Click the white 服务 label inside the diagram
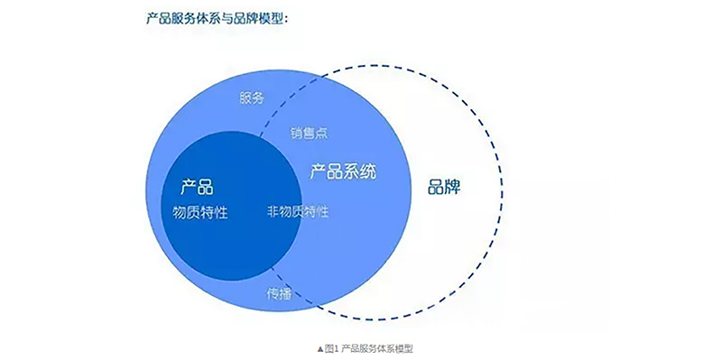coord(252,97)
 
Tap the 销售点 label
coord(309,133)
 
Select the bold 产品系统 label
coord(343,172)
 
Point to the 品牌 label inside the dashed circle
coord(444,187)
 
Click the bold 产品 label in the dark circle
coord(198,187)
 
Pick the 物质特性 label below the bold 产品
coord(200,212)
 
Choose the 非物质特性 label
coord(298,211)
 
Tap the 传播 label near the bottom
coord(279,294)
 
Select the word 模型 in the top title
coord(269,18)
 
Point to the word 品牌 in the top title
coord(241,18)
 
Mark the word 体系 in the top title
coord(200,18)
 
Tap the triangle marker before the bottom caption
coord(320,349)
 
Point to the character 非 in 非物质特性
coord(273,211)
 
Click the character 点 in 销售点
coord(322,133)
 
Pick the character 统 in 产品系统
coord(368,172)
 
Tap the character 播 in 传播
coord(285,294)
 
